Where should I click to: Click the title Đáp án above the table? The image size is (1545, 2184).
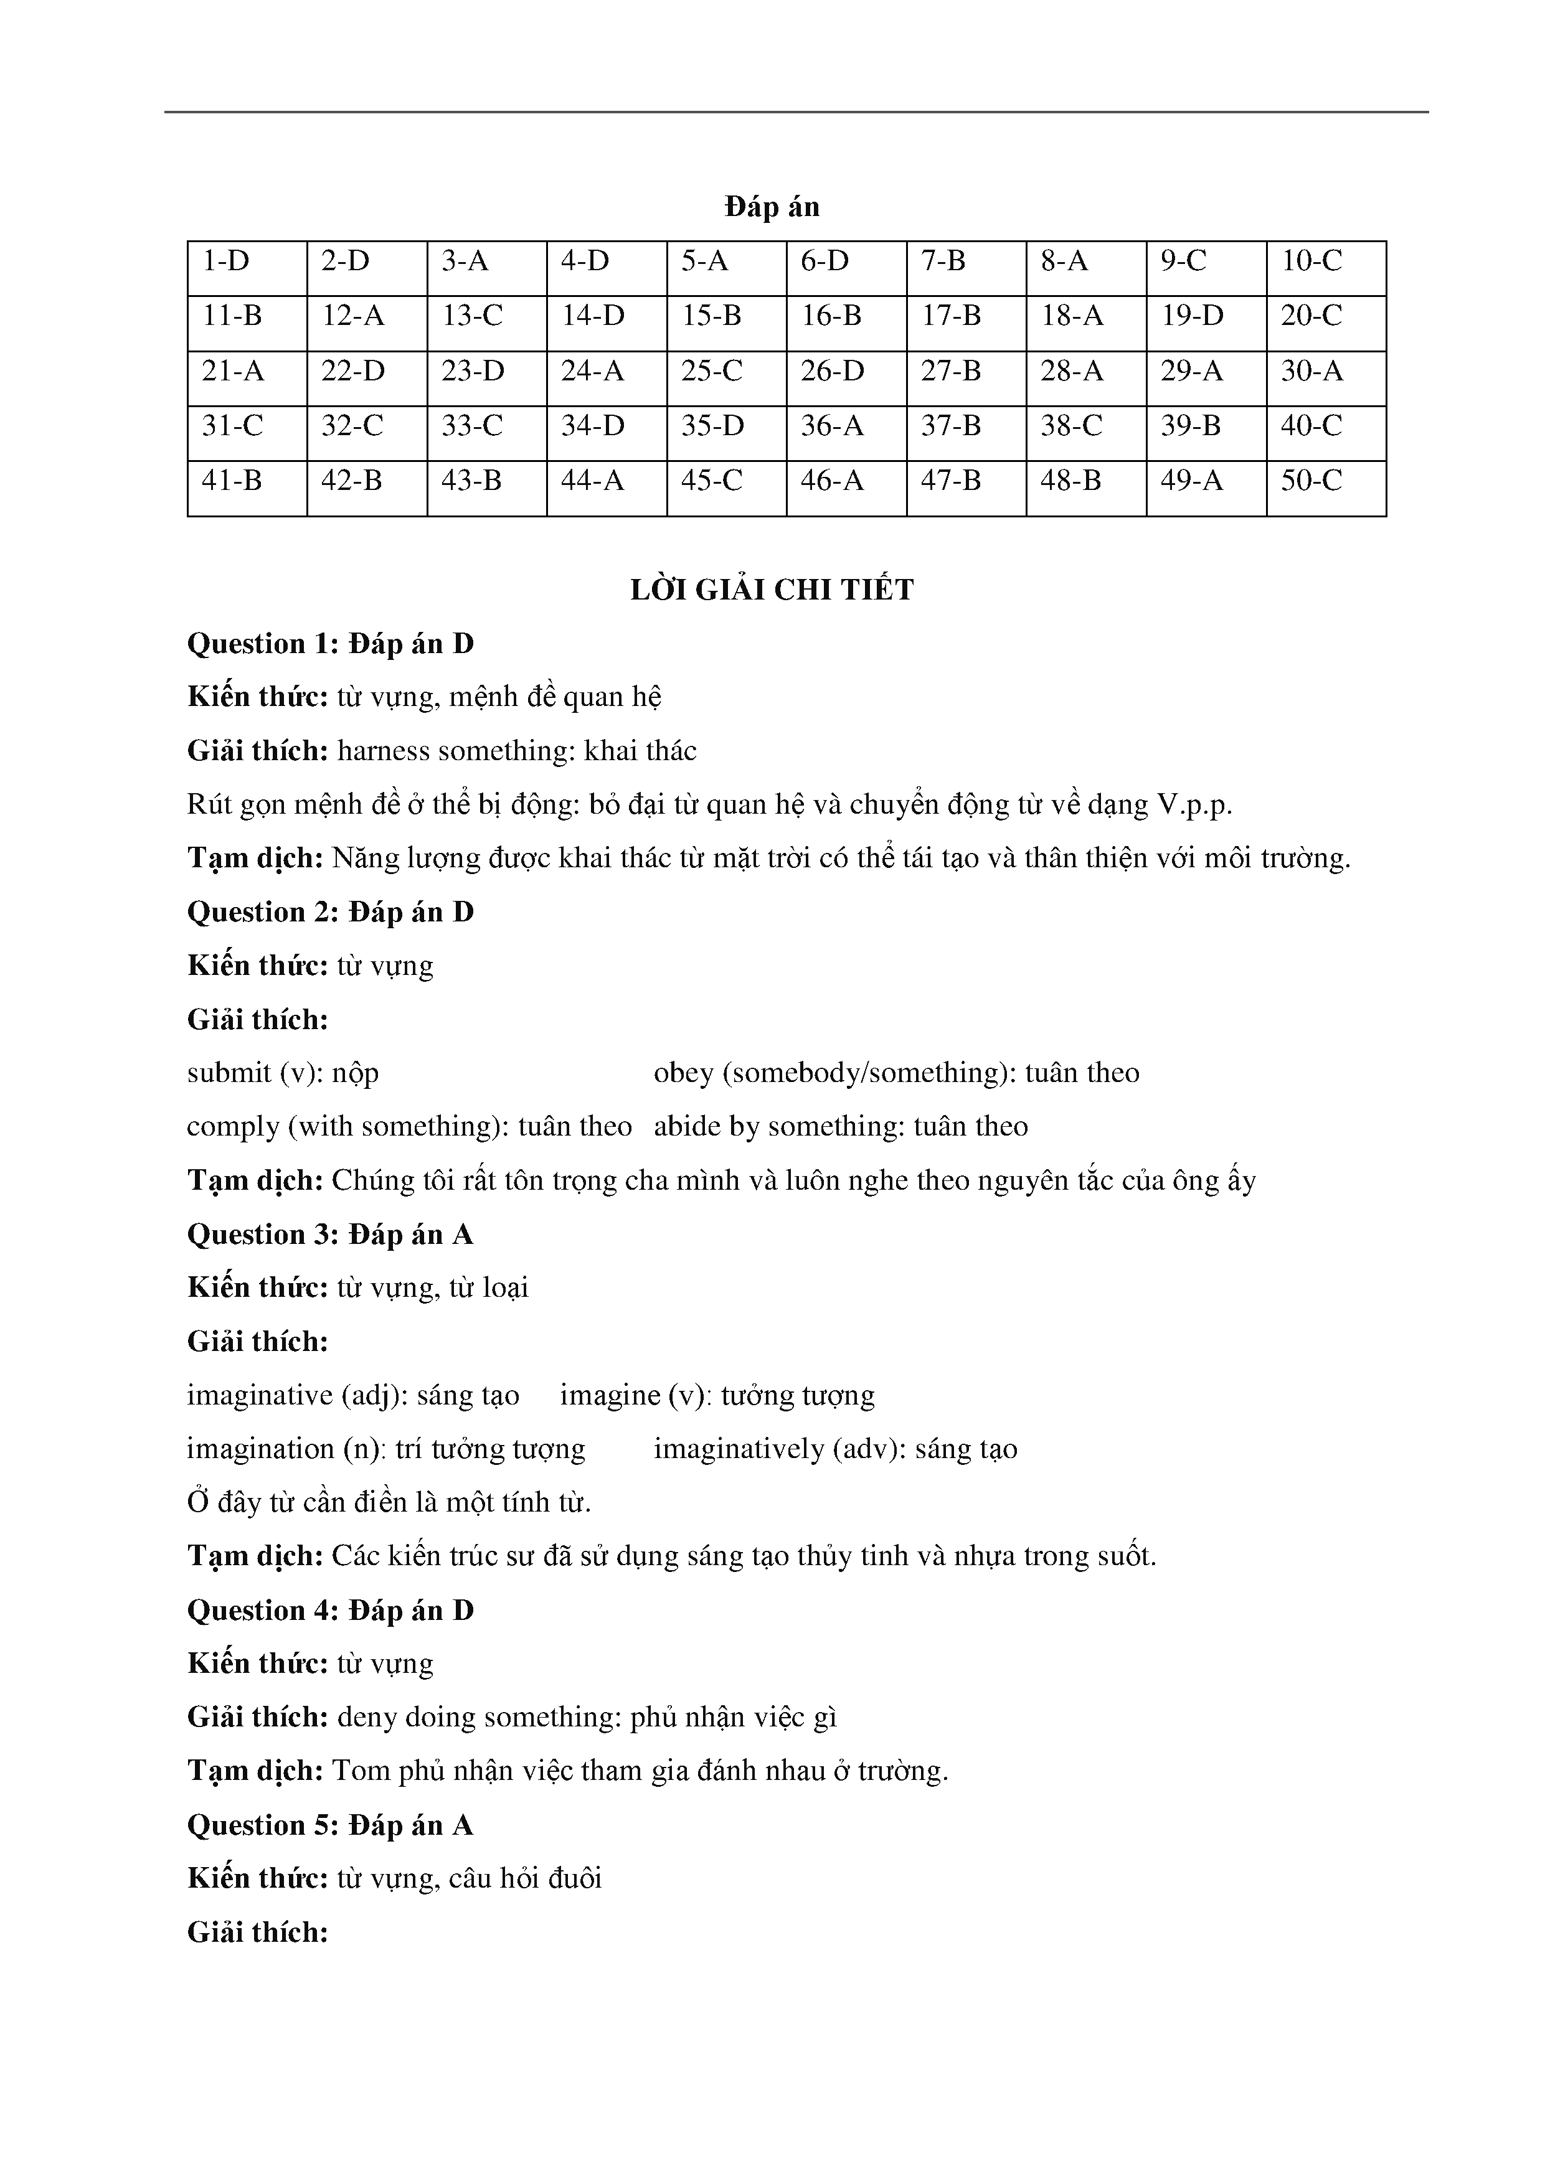(772, 207)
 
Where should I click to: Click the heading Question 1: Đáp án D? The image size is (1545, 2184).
(330, 644)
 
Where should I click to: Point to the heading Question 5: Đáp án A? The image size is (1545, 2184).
(330, 1825)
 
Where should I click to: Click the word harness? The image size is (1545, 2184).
(384, 751)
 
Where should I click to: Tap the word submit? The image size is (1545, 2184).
(229, 1073)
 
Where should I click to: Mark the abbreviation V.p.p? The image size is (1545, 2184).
(1194, 806)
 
